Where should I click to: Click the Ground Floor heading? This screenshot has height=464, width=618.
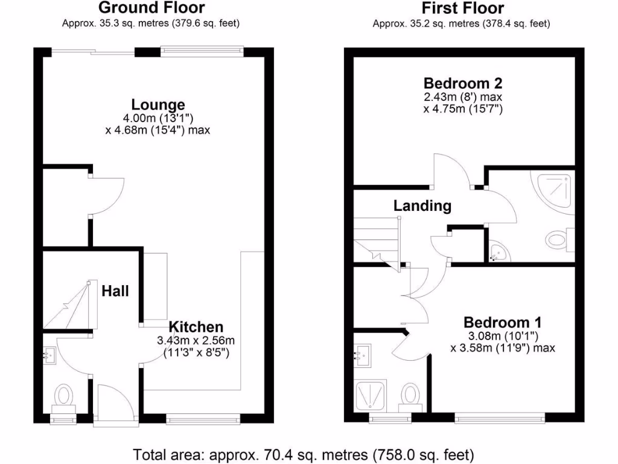tap(151, 8)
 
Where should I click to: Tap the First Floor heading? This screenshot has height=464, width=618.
tap(463, 8)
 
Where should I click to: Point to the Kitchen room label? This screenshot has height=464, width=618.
tap(196, 327)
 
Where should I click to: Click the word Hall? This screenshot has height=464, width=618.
tap(115, 291)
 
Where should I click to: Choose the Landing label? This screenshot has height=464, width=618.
tap(422, 205)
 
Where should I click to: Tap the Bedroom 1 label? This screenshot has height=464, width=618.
tap(502, 322)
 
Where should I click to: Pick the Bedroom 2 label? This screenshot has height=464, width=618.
tap(463, 83)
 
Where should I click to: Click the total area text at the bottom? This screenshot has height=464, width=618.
tap(304, 454)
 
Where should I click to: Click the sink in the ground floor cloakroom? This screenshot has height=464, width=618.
tap(50, 356)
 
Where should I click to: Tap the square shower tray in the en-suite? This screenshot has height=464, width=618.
tap(370, 396)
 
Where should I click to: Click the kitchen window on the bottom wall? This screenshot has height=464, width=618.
tap(203, 417)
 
